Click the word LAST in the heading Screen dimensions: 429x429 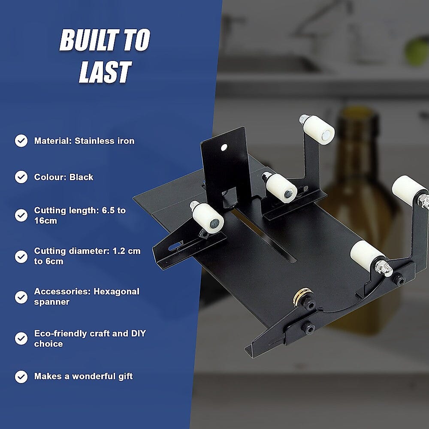[106, 72]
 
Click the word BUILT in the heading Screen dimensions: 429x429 [90, 40]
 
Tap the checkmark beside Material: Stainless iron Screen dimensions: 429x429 [21, 141]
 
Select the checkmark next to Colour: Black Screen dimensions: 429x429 [21, 177]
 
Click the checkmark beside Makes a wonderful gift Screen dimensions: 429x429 [21, 377]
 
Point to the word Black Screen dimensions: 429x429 [81, 177]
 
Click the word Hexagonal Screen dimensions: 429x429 [116, 292]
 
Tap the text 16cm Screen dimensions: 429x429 [45, 221]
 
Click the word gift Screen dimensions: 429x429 [125, 377]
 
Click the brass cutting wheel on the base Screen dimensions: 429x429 [301, 296]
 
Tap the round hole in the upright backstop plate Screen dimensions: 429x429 [224, 148]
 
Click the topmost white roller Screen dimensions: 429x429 [318, 130]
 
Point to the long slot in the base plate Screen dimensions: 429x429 [264, 236]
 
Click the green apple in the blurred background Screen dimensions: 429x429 [417, 51]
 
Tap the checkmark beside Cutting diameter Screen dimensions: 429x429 [21, 257]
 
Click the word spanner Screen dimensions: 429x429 [52, 302]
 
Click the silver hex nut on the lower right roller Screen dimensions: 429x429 [384, 269]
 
